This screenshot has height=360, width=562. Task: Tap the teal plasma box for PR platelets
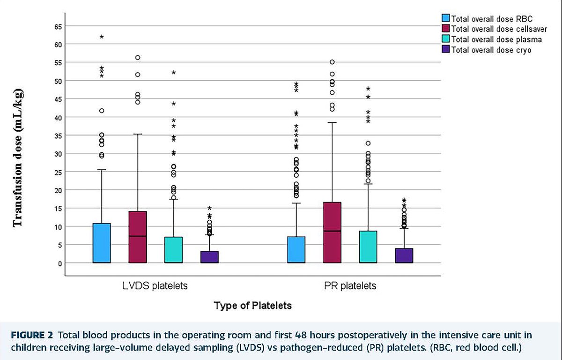point(368,247)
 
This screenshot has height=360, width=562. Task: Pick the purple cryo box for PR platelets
point(404,255)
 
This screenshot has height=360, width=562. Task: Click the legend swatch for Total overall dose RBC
point(445,19)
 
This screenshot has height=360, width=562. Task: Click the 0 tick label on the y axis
point(59,263)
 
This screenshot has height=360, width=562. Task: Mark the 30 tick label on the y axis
point(58,153)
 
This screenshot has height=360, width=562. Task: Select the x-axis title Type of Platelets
point(253,306)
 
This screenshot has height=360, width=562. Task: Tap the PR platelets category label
point(350,285)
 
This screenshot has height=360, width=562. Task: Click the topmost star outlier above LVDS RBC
point(102,37)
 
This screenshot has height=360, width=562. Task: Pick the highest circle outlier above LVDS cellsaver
point(138,58)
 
